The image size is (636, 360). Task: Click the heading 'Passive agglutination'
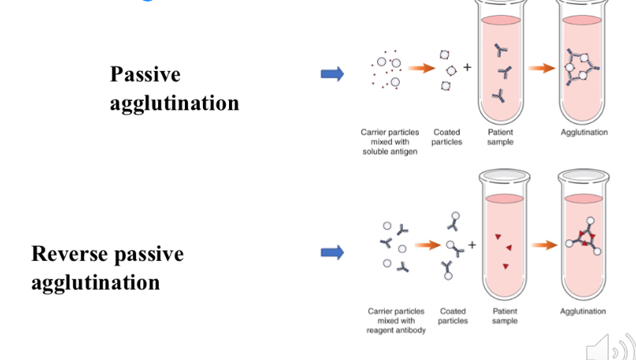pyautogui.click(x=174, y=88)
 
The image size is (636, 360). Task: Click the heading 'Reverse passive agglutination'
pyautogui.click(x=107, y=268)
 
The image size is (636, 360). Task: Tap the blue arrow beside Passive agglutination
pyautogui.click(x=332, y=74)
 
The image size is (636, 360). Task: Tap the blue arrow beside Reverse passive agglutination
pyautogui.click(x=332, y=253)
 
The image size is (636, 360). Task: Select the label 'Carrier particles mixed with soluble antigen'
pyautogui.click(x=390, y=142)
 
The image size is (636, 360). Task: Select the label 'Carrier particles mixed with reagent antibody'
pyautogui.click(x=396, y=321)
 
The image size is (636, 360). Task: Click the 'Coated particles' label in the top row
pyautogui.click(x=446, y=137)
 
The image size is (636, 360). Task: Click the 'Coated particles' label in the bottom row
pyautogui.click(x=453, y=316)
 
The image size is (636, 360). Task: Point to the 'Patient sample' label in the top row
pyautogui.click(x=500, y=137)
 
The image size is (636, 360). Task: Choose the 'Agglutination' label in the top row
pyautogui.click(x=584, y=132)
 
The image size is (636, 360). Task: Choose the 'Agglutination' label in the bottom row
pyautogui.click(x=583, y=311)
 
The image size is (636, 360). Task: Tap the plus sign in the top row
pyautogui.click(x=467, y=67)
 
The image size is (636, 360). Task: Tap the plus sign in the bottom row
pyautogui.click(x=471, y=245)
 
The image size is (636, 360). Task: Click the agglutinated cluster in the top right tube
pyautogui.click(x=583, y=68)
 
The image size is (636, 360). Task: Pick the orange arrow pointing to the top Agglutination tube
pyautogui.click(x=542, y=69)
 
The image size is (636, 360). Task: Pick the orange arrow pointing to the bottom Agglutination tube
pyautogui.click(x=543, y=245)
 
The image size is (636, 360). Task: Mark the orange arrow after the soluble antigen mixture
pyautogui.click(x=423, y=69)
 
